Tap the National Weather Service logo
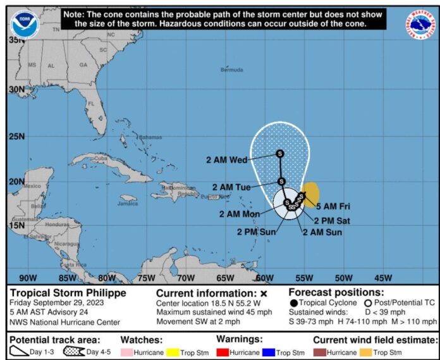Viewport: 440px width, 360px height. [419, 23]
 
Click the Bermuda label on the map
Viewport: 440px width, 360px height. [231, 70]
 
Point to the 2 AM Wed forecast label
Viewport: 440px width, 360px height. [226, 160]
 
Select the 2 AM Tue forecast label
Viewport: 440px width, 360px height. [231, 187]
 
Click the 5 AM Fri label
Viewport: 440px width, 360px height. [333, 206]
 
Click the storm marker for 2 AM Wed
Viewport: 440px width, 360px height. [279, 153]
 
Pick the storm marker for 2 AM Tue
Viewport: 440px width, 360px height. [281, 182]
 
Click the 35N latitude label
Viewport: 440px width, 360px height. [16, 39]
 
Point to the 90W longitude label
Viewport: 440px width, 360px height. [28, 278]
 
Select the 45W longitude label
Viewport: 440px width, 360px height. [382, 278]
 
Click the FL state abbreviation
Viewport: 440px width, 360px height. [91, 104]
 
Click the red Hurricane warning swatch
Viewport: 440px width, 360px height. [222, 352]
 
